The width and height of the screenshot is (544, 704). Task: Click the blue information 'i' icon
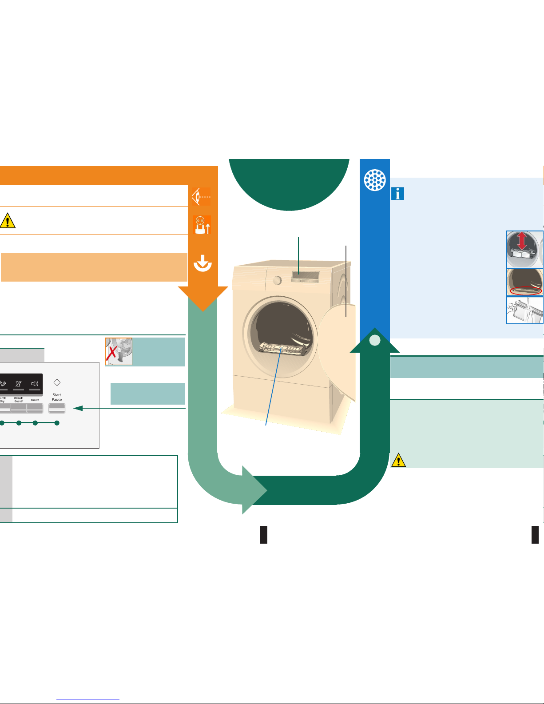click(397, 194)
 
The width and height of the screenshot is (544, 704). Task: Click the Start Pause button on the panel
click(57, 408)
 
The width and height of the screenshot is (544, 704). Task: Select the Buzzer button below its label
click(35, 408)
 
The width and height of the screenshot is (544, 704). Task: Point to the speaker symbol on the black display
click(35, 383)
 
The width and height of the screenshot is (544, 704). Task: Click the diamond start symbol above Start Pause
click(57, 382)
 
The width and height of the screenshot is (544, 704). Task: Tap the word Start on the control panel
click(57, 395)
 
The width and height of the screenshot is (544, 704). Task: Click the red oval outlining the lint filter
click(526, 291)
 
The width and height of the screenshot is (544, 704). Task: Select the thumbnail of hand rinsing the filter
click(525, 310)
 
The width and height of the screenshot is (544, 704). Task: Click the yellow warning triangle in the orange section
click(8, 221)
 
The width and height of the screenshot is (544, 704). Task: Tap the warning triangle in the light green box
click(398, 460)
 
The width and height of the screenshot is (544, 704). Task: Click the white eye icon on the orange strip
click(202, 196)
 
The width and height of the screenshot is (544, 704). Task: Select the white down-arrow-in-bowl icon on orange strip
click(203, 263)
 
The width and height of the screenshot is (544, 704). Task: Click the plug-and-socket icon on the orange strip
click(202, 225)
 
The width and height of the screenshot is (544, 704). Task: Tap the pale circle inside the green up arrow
click(375, 340)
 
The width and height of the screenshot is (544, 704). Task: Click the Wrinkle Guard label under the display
click(19, 399)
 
